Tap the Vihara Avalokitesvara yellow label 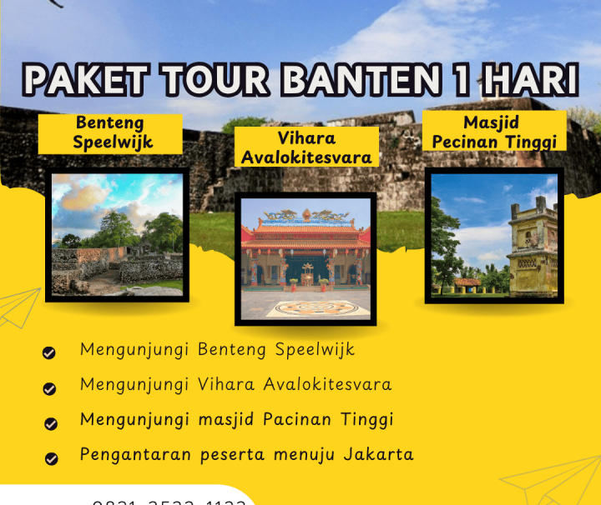pos(306,147)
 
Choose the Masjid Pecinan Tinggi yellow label pos(494,132)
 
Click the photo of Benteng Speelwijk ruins pos(117,234)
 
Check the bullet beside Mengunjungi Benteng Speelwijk pos(49,353)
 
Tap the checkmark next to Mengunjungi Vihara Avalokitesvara pos(49,388)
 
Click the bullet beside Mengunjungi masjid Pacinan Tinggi pos(49,423)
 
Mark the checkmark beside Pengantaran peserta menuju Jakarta pos(51,458)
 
